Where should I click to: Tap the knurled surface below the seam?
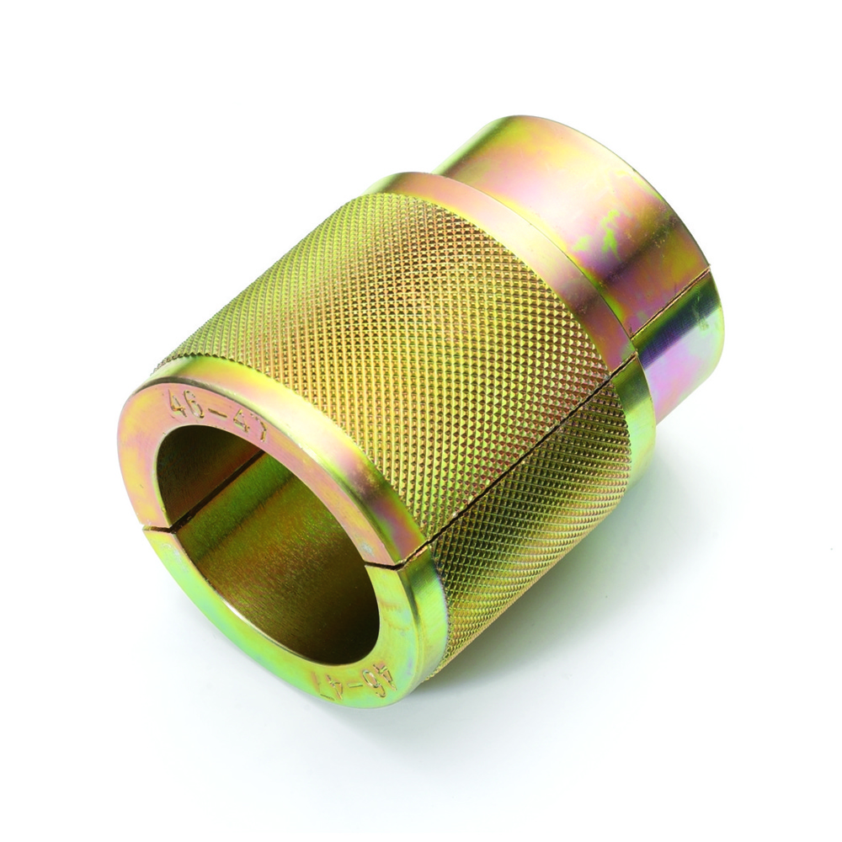tap(539, 539)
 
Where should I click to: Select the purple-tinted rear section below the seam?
tap(682, 354)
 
